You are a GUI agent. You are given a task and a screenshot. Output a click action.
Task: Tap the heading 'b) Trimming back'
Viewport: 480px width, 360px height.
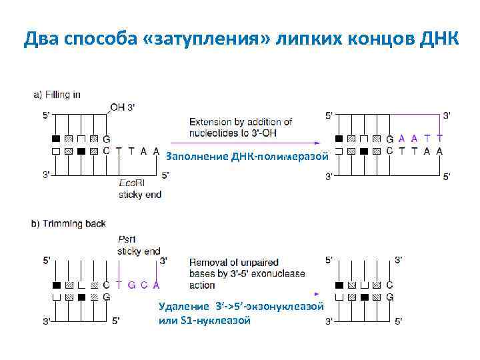(69, 223)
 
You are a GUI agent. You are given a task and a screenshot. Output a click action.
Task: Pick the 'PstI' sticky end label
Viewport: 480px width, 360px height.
(127, 238)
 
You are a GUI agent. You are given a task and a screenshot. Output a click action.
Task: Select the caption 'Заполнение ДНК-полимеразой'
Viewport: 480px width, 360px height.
(247, 157)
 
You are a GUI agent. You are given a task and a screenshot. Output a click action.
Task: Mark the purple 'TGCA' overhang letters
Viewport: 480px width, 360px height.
(138, 285)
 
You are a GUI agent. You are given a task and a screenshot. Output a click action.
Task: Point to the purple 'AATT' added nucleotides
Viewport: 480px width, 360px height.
(420, 139)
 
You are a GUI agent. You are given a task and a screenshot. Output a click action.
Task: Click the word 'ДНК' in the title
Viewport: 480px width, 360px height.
(440, 40)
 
